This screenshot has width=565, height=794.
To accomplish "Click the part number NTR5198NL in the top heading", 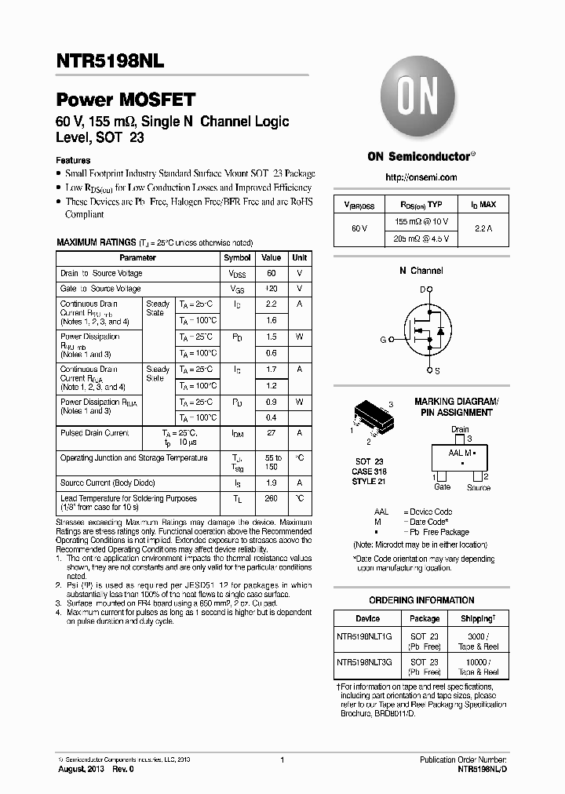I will [x=109, y=60].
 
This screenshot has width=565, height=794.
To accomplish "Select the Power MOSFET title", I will [x=126, y=100].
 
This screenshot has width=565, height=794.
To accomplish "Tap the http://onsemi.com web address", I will [x=421, y=177].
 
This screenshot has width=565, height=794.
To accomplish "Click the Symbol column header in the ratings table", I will [x=237, y=257].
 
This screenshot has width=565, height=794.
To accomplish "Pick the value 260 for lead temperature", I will [x=271, y=498].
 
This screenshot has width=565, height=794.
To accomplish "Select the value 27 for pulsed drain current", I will [x=271, y=433].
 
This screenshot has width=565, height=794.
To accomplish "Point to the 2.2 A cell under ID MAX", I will [x=483, y=228].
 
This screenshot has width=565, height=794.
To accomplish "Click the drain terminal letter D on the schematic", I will [x=421, y=290].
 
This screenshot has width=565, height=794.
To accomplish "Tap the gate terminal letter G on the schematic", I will [x=383, y=340].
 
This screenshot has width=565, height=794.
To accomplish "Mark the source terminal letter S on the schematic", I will [x=437, y=370].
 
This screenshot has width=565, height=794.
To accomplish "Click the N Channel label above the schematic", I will [x=421, y=271].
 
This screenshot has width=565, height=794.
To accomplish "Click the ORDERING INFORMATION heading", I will [x=421, y=600].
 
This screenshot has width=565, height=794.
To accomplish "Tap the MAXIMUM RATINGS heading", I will [x=96, y=243].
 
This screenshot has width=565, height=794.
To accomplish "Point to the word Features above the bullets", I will [x=74, y=160].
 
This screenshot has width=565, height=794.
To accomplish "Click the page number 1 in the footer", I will [x=282, y=760].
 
